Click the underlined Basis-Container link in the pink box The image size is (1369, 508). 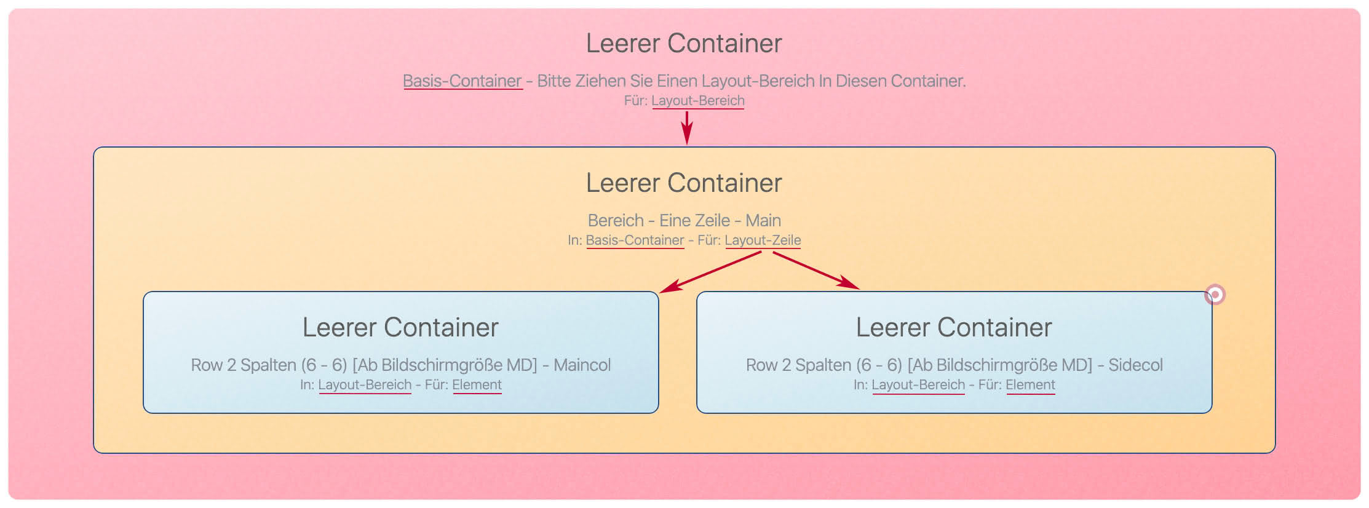462,81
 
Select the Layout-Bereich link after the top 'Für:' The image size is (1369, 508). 697,100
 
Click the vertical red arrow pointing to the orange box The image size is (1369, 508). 687,127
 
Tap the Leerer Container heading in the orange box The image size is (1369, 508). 684,183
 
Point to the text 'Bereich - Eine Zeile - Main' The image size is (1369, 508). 684,220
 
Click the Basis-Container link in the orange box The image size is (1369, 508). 635,240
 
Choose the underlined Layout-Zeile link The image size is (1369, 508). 763,240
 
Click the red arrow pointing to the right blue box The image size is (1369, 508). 815,270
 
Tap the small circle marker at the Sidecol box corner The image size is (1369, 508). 1215,295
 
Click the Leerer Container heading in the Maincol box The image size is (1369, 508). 400,327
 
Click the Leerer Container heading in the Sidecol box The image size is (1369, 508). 954,327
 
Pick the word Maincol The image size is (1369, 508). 582,365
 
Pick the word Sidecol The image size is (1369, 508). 1135,365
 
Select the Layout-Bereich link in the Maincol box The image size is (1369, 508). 365,384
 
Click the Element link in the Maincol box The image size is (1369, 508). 477,384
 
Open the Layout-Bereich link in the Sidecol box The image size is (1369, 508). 918,384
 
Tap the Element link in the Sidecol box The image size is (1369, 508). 1030,384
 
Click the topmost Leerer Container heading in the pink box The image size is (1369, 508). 684,43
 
